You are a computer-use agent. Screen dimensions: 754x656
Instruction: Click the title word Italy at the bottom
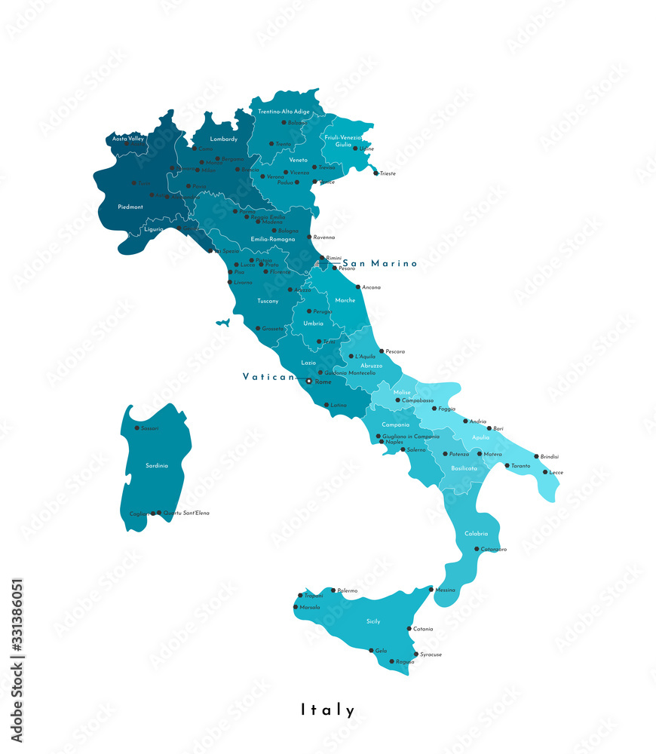(x=328, y=710)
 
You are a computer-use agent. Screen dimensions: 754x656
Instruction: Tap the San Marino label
(x=380, y=263)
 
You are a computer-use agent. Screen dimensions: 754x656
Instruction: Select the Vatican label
(x=268, y=376)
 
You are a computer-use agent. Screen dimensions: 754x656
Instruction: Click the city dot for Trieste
(x=376, y=173)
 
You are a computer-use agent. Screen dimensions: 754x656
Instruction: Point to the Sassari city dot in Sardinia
(x=138, y=428)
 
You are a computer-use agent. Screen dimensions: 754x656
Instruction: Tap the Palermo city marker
(x=333, y=590)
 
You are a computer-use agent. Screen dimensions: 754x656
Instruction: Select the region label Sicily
(x=373, y=621)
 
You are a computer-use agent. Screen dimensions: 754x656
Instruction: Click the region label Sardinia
(x=157, y=465)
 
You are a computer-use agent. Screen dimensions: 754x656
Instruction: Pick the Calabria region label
(x=477, y=533)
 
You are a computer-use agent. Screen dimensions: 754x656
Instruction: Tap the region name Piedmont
(x=130, y=207)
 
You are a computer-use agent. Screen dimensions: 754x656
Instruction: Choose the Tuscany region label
(x=268, y=301)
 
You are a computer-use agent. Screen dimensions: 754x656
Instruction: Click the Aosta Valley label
(x=128, y=139)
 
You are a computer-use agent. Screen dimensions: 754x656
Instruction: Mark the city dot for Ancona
(x=358, y=287)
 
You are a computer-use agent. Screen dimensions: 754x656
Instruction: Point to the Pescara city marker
(x=382, y=351)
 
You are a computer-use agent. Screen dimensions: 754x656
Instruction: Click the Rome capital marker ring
(x=308, y=382)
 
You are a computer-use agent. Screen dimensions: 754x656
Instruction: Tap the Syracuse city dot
(x=415, y=654)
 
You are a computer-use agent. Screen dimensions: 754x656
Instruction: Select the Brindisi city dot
(x=537, y=456)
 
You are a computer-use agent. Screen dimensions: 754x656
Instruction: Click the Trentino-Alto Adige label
(x=284, y=112)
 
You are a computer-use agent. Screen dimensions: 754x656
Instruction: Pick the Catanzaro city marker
(x=477, y=550)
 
